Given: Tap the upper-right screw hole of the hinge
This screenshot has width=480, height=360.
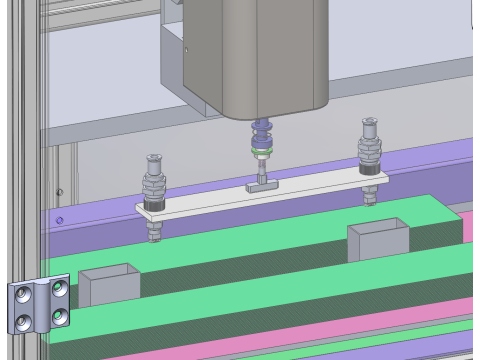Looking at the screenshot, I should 60,288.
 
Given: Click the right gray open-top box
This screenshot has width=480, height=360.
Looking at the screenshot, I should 378,238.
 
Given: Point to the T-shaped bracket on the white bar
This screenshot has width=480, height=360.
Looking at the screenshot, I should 259,186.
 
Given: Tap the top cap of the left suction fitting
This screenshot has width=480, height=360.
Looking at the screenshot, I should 155,159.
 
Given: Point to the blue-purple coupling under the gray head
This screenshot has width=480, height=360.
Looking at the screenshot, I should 263,131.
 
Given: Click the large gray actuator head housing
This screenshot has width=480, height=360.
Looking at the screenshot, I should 255,55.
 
